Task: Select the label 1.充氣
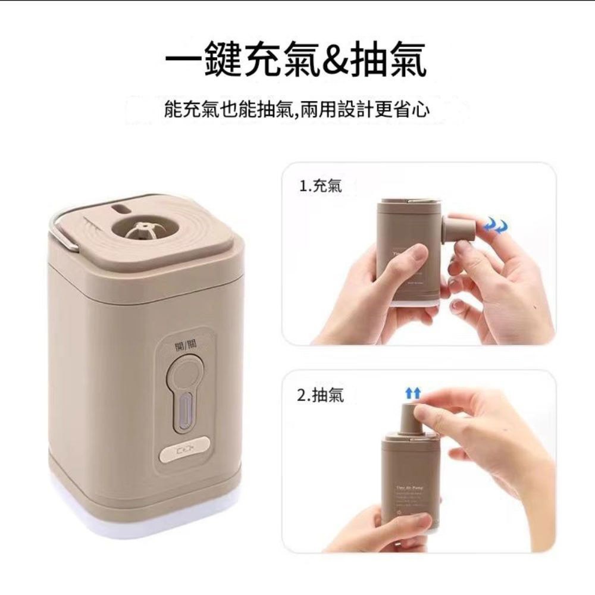coord(321,187)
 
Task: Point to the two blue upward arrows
coord(412,393)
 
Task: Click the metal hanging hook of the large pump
coord(58,229)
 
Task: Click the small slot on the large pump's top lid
coord(121,209)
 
